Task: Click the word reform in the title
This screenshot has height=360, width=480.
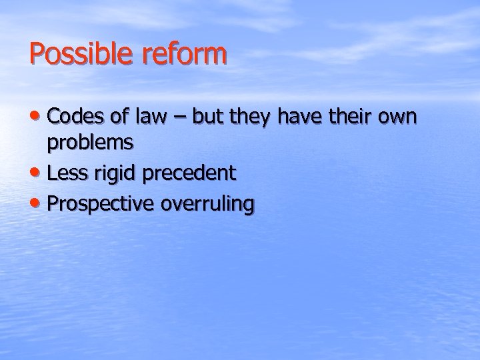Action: click(x=185, y=54)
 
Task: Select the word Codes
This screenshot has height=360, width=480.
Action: click(x=75, y=117)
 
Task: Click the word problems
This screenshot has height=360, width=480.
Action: click(x=90, y=142)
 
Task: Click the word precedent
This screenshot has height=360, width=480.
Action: click(x=190, y=173)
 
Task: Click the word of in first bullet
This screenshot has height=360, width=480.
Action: click(x=119, y=117)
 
